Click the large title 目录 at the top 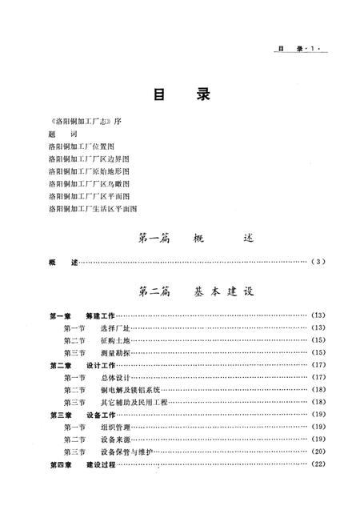179,95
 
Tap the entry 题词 57,135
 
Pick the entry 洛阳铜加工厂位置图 81,147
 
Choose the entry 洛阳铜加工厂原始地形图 87,171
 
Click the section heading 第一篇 153,238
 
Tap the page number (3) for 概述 318,262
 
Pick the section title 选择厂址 116,328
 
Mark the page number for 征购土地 318,340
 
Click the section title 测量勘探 116,352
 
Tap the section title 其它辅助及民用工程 134,401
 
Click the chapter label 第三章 61,414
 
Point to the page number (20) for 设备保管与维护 318,451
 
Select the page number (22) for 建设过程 318,464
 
